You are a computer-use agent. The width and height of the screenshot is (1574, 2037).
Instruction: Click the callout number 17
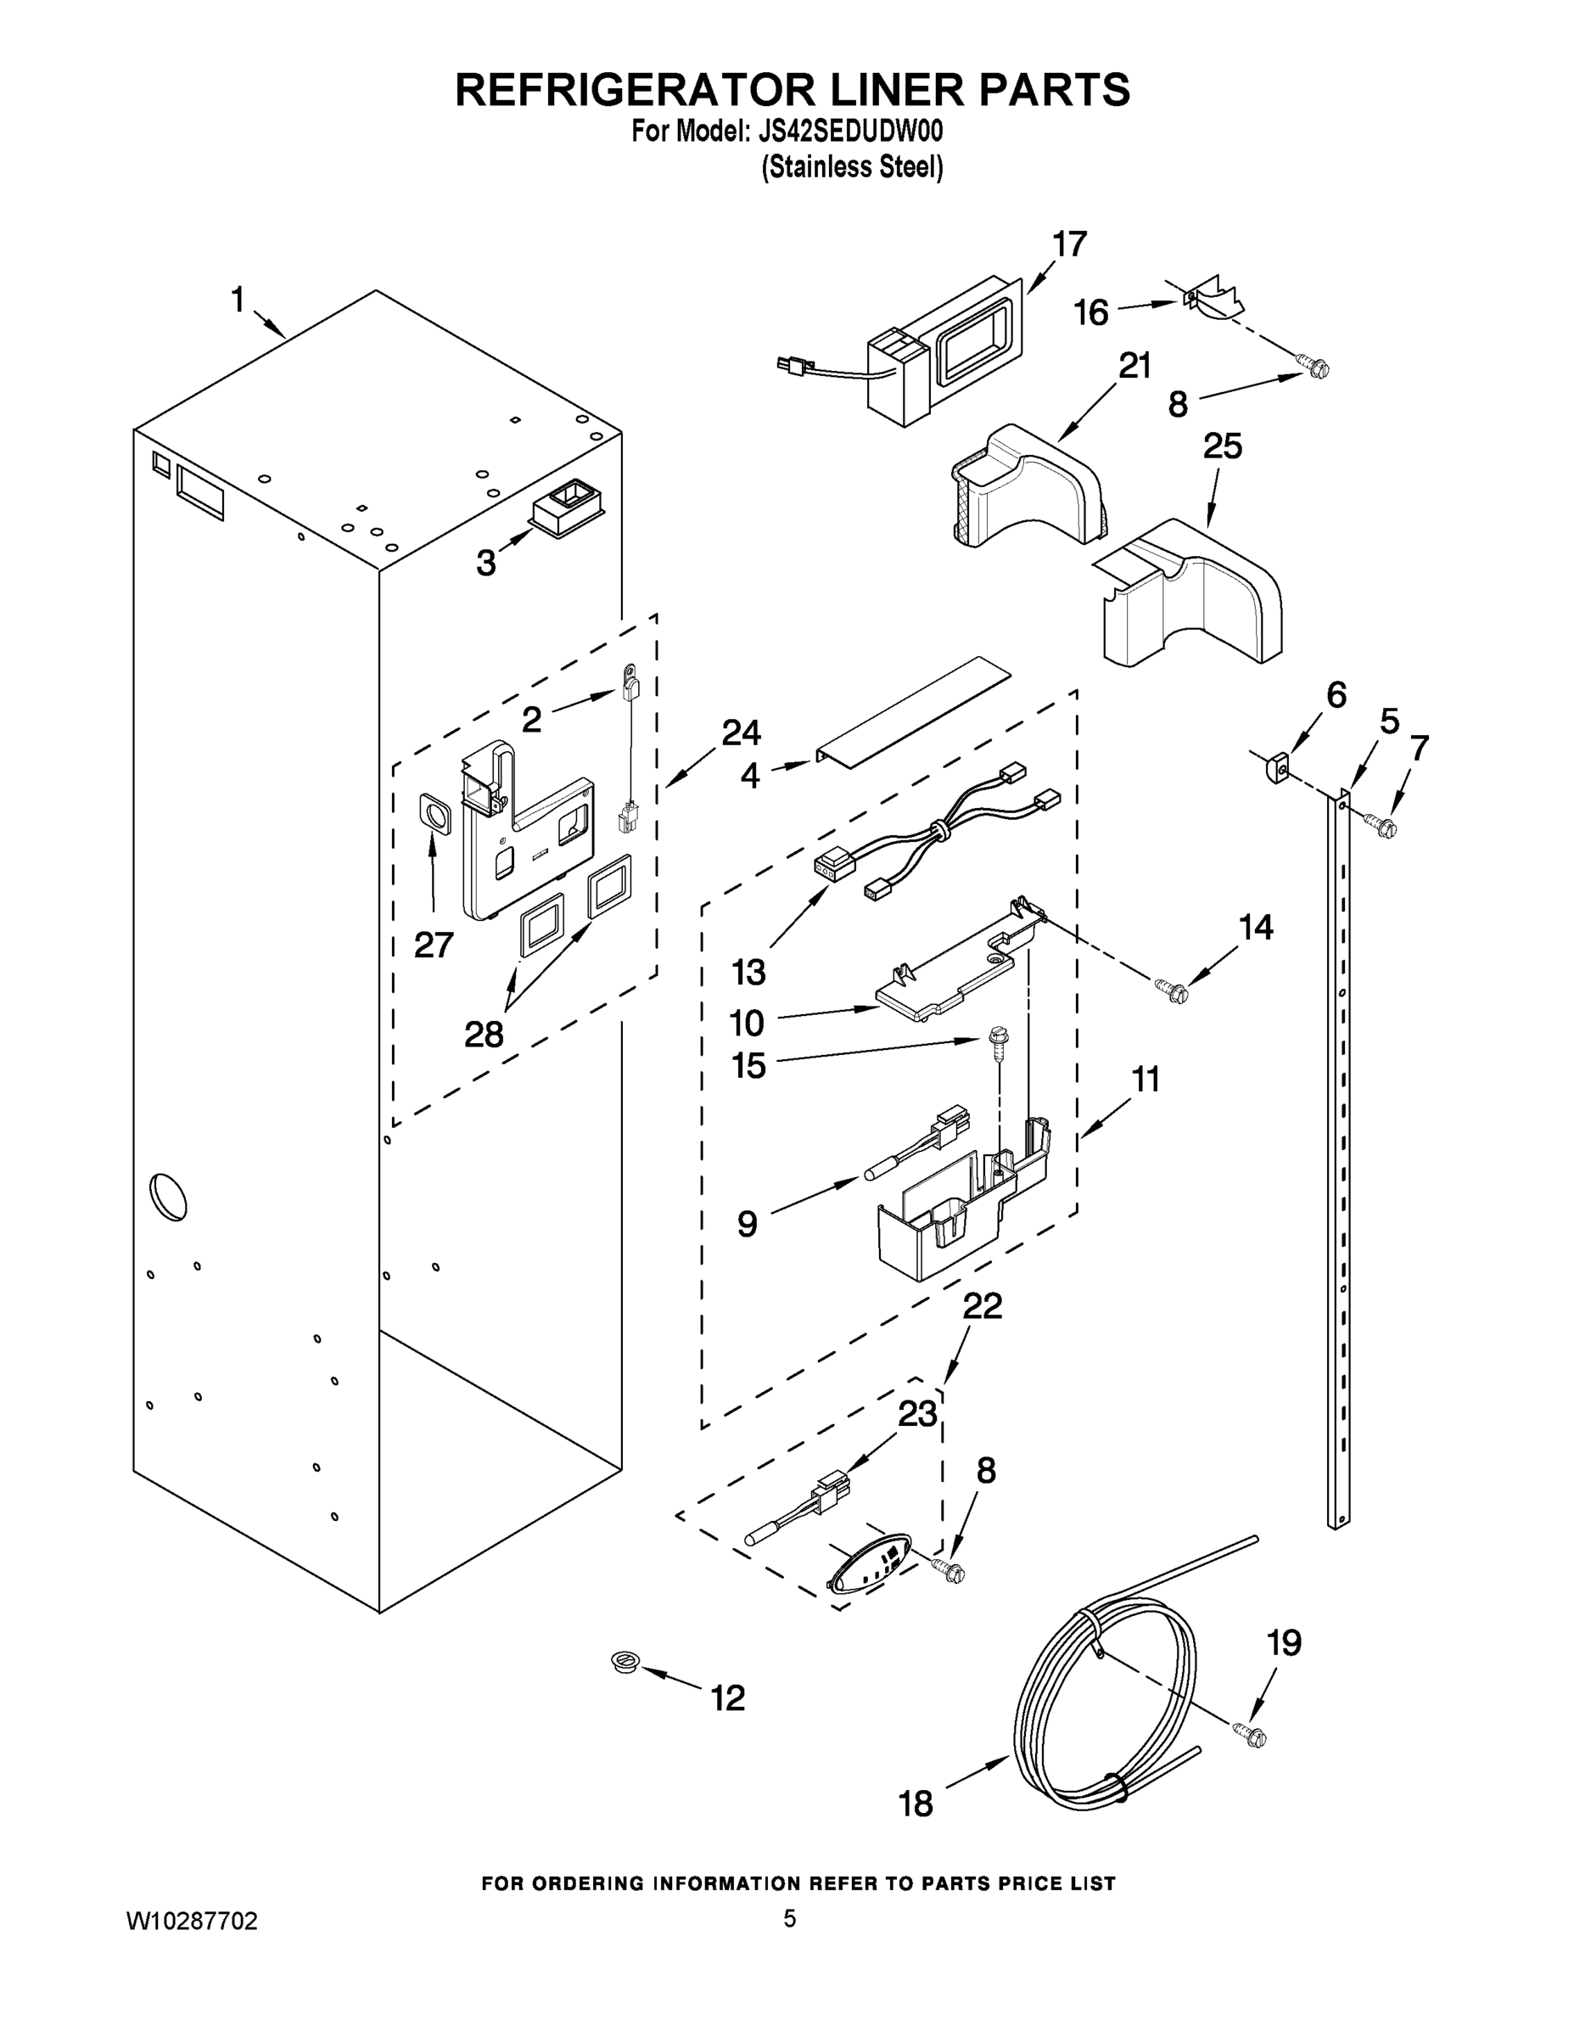click(1069, 244)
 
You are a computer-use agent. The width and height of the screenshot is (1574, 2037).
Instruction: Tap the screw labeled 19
click(1252, 1735)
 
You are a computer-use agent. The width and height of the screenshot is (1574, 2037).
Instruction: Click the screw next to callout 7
click(1381, 823)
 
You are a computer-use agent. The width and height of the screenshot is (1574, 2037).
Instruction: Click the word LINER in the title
click(877, 91)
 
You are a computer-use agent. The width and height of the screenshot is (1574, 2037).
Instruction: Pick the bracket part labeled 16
click(1212, 296)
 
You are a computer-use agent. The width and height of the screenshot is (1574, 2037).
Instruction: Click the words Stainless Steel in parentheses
click(852, 168)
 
